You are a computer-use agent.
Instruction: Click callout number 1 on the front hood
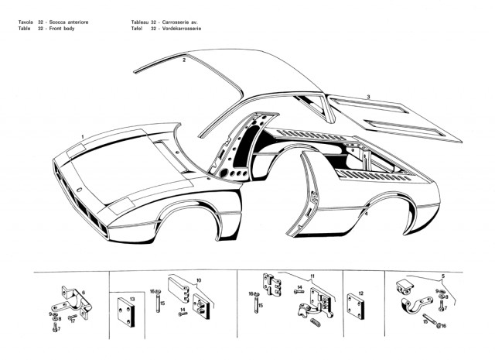(x=83, y=137)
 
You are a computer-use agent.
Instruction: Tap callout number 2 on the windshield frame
(x=184, y=60)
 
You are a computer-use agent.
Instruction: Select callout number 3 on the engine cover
(x=368, y=97)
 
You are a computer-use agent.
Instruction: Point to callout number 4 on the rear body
(x=366, y=214)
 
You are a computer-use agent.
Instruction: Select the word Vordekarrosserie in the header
(x=182, y=29)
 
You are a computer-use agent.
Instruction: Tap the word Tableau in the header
(x=140, y=22)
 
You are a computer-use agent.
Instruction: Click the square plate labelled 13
(x=126, y=312)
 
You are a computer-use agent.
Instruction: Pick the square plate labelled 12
(x=356, y=306)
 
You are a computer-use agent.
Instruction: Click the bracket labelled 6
(x=76, y=303)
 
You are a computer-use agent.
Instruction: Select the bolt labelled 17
(x=72, y=317)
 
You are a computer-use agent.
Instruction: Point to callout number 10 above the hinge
(x=199, y=280)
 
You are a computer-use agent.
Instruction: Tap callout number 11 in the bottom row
(x=312, y=276)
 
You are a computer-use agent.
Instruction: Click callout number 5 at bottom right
(x=443, y=276)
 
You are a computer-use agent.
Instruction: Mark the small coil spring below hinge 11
(x=316, y=322)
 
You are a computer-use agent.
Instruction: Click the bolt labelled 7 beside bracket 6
(x=55, y=327)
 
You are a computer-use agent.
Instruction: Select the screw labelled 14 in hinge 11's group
(x=299, y=292)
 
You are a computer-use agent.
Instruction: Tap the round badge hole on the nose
(x=79, y=190)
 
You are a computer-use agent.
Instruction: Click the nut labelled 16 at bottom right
(x=439, y=325)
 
